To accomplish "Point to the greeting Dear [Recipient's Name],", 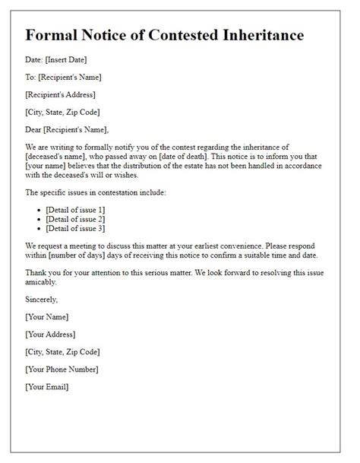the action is (67, 129).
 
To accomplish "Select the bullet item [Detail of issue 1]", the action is (75, 208).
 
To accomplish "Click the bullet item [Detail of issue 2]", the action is (75, 218).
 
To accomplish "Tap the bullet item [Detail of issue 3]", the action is (75, 228).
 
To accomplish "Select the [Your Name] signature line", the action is (47, 316).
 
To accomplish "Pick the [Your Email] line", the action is (47, 387).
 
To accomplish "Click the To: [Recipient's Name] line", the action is (63, 77).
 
